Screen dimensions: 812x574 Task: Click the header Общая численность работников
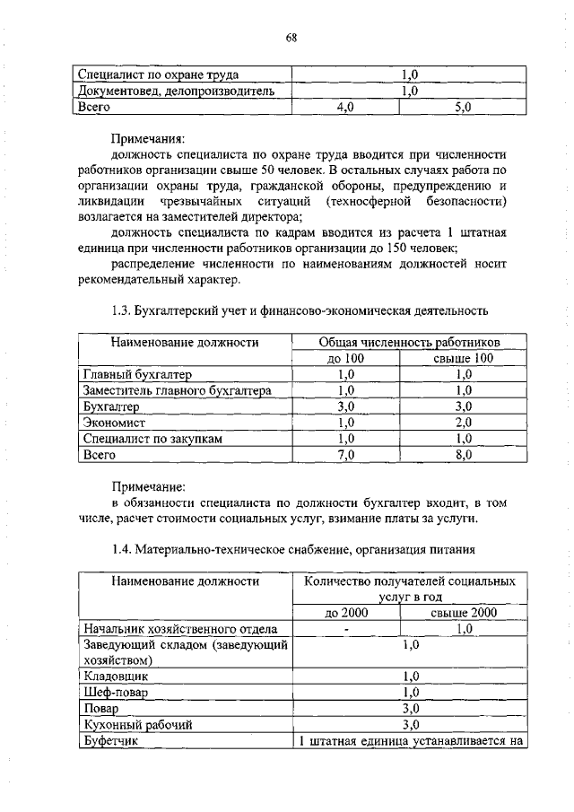tap(410, 342)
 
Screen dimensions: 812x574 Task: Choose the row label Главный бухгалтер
tap(137, 374)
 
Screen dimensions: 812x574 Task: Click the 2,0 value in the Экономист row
tap(464, 423)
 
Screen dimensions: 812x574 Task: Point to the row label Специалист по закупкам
tap(152, 439)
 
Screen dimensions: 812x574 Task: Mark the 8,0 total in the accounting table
tap(464, 455)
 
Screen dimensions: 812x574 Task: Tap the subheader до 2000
tap(345, 613)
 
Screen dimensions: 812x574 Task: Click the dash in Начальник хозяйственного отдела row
tap(345, 629)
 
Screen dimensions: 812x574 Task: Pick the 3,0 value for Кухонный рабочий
tap(411, 724)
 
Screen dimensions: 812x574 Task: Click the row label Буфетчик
tap(110, 740)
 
